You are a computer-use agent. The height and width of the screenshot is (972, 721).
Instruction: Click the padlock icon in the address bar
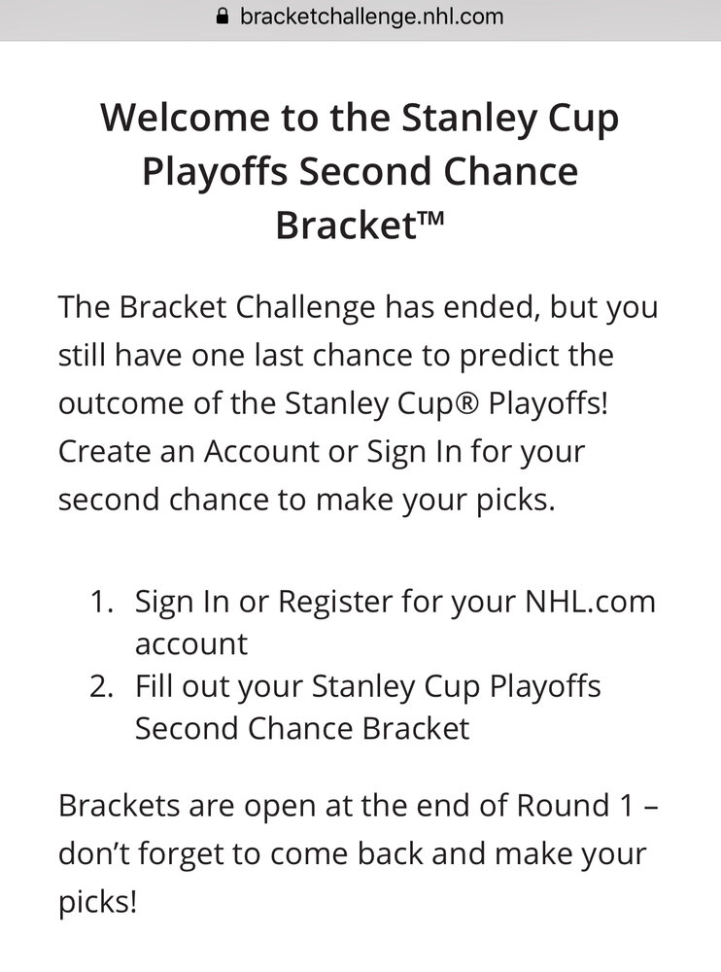click(x=223, y=17)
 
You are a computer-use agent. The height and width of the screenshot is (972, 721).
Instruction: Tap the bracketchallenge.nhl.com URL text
click(x=372, y=17)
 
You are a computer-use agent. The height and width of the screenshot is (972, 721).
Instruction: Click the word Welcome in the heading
click(x=186, y=118)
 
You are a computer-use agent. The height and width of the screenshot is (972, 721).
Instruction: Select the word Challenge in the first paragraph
click(x=306, y=307)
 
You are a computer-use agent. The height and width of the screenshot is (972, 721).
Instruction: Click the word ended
click(x=489, y=307)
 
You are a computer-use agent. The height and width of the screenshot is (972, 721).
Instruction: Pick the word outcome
click(x=120, y=404)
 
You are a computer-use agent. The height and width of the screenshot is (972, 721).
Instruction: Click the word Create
click(x=105, y=451)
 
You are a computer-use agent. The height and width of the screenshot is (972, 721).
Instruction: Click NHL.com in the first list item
click(x=590, y=602)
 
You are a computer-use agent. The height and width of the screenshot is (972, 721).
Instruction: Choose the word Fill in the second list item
click(x=154, y=686)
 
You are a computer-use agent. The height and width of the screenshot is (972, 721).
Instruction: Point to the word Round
click(x=563, y=806)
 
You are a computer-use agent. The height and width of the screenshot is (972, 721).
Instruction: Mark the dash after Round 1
click(x=651, y=809)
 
